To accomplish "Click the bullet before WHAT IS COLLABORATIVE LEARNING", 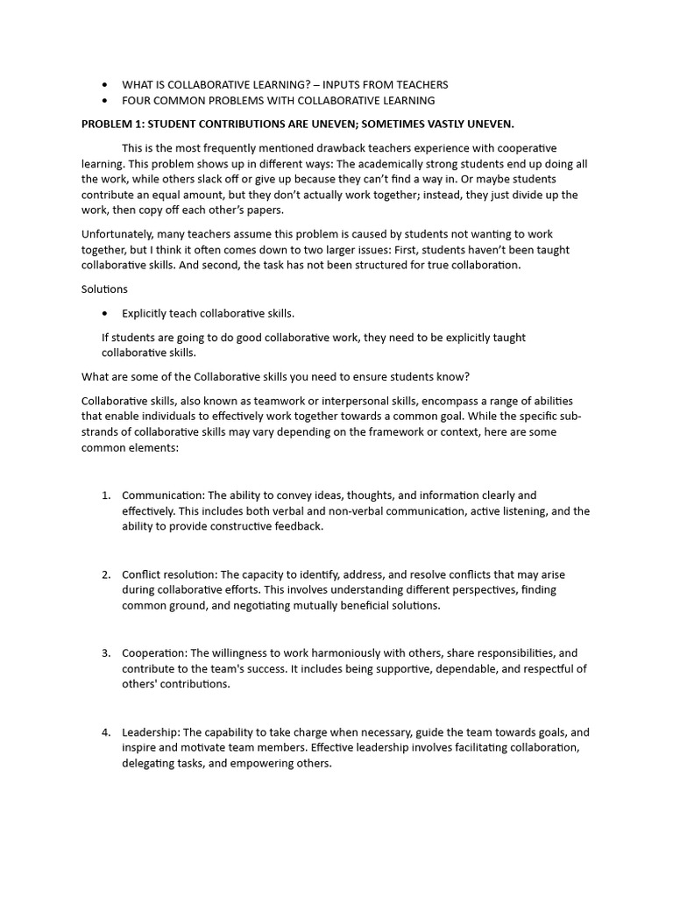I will [106, 85].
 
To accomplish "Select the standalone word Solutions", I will [104, 289].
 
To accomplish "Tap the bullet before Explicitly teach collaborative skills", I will [106, 313].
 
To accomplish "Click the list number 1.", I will [105, 495].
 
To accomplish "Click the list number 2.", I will [105, 574].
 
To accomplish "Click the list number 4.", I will [105, 732].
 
